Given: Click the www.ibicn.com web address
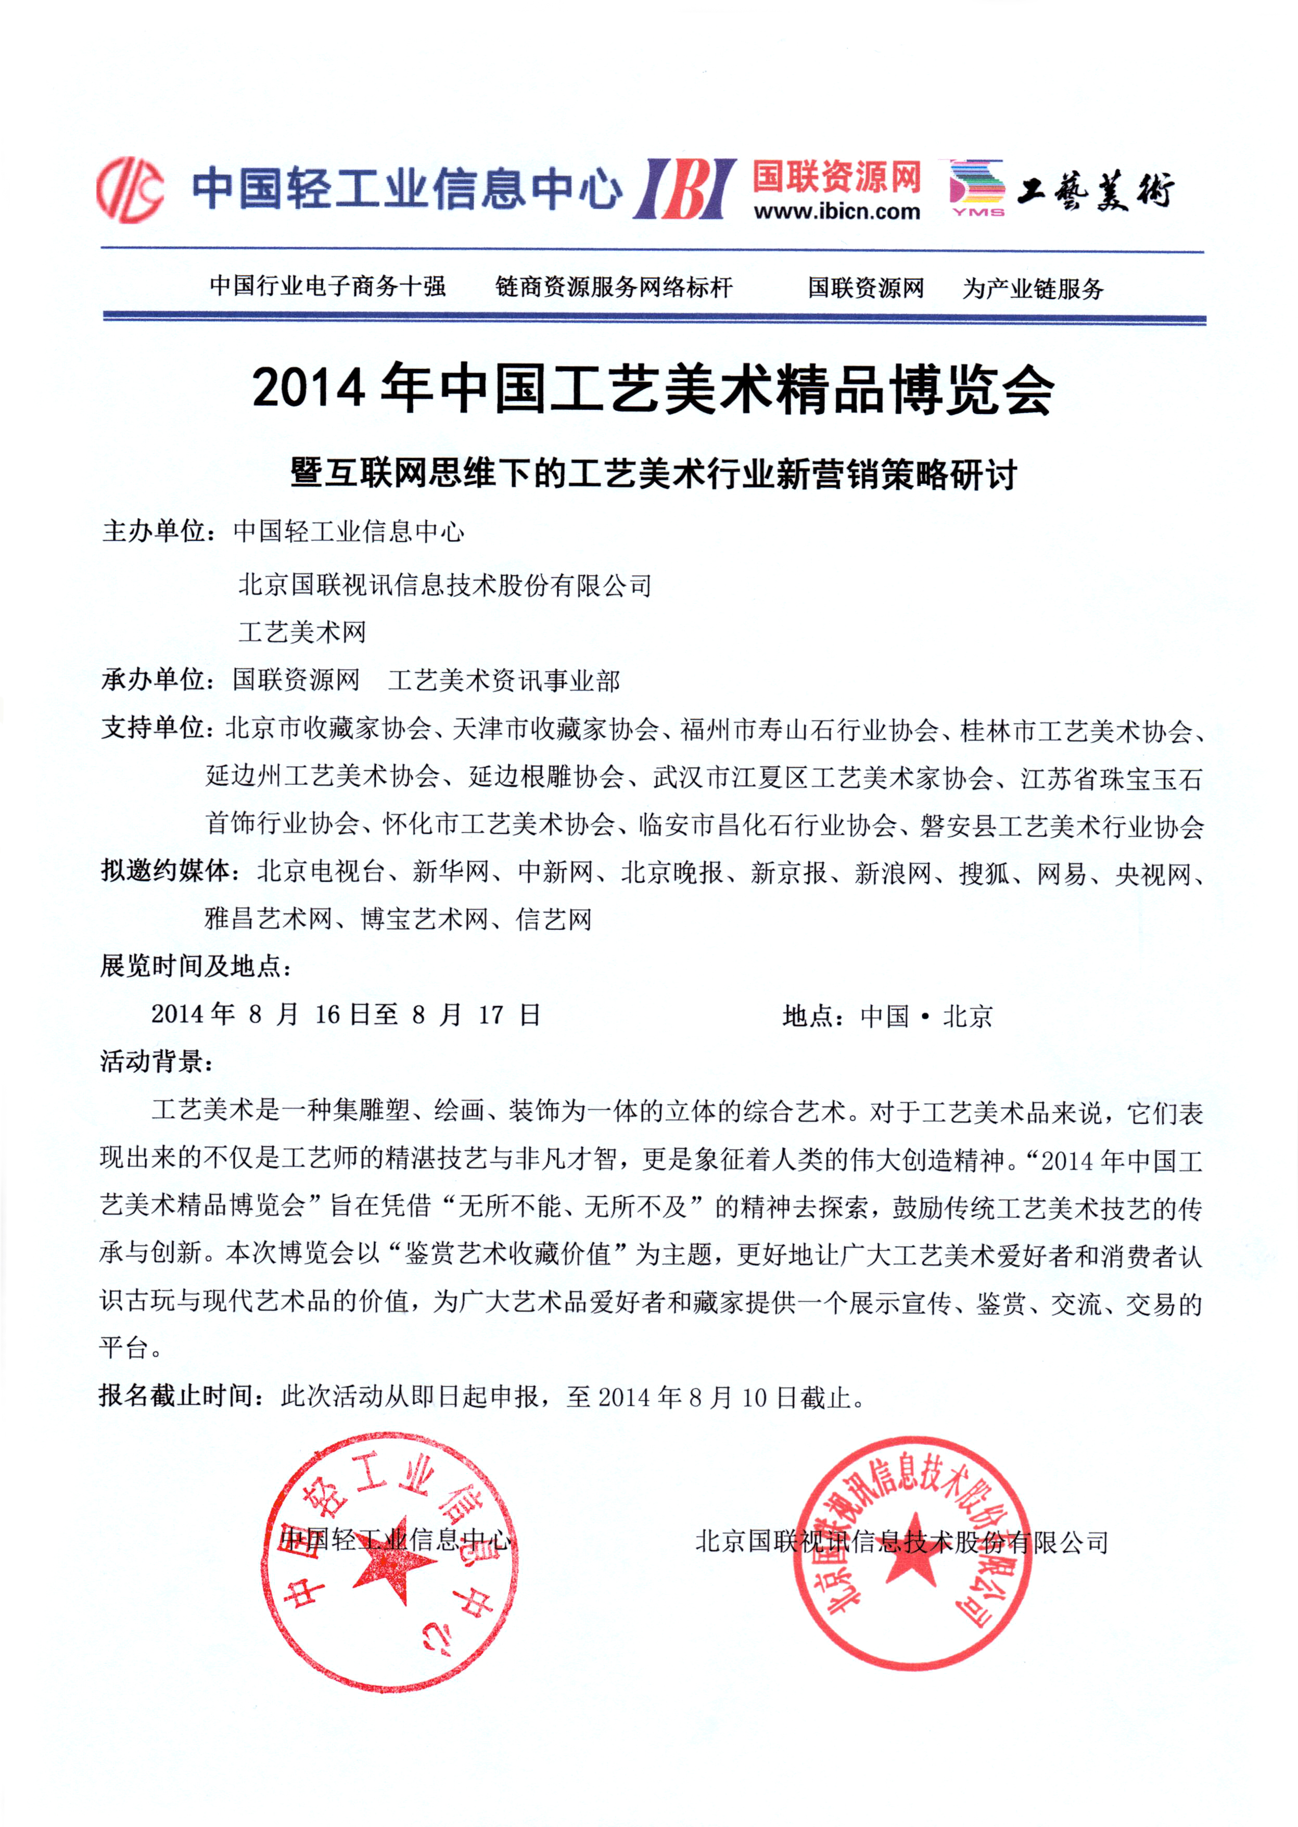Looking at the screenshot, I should (836, 212).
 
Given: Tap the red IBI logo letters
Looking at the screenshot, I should (685, 188).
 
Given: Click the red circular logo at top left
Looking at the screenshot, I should (130, 189).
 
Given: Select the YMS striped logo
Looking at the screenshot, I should (977, 188).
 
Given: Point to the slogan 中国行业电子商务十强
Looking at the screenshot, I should (328, 286).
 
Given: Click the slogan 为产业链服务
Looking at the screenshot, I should (1033, 288).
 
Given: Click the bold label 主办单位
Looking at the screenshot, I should (155, 531).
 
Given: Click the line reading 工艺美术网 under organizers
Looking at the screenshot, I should (302, 632).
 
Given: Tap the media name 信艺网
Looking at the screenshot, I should (554, 919).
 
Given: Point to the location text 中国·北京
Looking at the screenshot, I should (926, 1016).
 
